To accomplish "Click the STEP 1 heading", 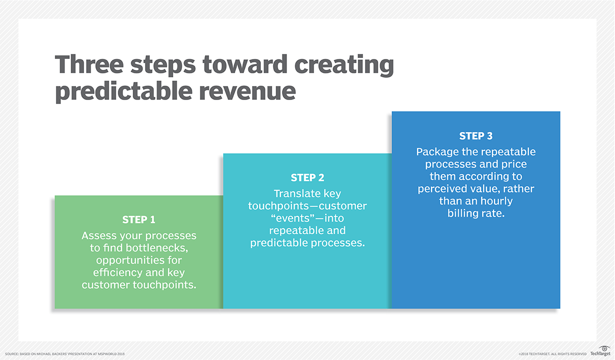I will pyautogui.click(x=138, y=220).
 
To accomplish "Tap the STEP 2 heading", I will pyautogui.click(x=307, y=178).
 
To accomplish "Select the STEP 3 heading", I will pyautogui.click(x=476, y=136).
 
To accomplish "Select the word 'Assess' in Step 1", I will pyautogui.click(x=100, y=235).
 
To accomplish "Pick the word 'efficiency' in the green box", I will pyautogui.click(x=107, y=272).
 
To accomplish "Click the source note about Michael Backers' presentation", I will pyautogui.click(x=65, y=354).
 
